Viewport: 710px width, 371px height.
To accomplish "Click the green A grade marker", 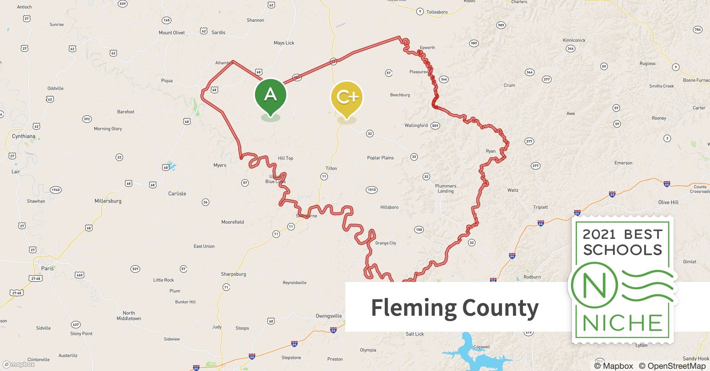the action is coord(270,96).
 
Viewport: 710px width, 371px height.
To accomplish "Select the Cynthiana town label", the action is coord(23,136).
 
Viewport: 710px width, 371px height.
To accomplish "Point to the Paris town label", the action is coord(47,268).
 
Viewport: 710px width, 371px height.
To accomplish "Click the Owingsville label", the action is coord(329,316).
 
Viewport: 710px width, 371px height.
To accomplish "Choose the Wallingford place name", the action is coord(416,125).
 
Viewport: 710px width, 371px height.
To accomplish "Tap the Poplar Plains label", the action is coord(380,158).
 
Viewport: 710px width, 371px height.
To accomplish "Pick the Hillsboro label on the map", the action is coord(389,207).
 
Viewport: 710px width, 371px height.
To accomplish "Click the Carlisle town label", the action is coord(177,194).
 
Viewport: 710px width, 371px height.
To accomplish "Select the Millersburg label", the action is coord(108,201).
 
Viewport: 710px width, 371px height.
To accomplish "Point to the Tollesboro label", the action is coord(437,12).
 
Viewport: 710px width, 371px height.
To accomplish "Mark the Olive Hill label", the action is coord(668,202).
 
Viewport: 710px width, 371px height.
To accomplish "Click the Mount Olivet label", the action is coord(172,33).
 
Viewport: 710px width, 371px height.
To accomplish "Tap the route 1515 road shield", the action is coord(372,190).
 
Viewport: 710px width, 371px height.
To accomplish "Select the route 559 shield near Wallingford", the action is coord(435,126).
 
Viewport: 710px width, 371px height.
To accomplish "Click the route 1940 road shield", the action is coord(56,190).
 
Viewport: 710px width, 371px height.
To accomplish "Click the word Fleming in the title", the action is coord(414,308).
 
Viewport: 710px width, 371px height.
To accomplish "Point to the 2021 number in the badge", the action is coord(599,234).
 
